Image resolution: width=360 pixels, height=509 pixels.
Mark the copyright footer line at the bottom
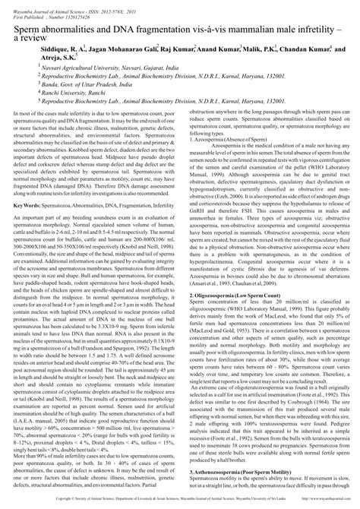pos(180,501)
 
